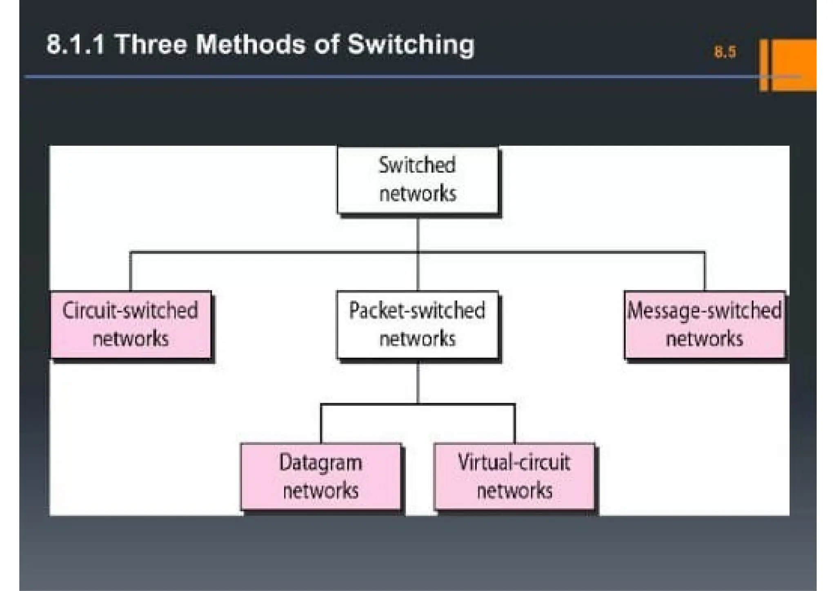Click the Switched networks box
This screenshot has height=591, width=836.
click(x=417, y=180)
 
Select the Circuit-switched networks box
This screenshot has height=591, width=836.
click(x=131, y=324)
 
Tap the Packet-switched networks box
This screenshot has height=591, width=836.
click(x=417, y=324)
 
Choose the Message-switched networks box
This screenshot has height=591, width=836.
click(x=704, y=324)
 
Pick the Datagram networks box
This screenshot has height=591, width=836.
click(x=321, y=476)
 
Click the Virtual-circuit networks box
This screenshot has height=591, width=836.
click(x=514, y=476)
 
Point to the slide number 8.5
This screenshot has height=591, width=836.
click(x=725, y=52)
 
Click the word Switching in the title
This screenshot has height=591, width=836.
click(x=411, y=44)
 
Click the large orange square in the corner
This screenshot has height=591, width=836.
click(x=794, y=64)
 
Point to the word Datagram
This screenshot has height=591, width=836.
click(x=321, y=463)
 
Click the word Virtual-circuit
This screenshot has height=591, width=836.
click(x=514, y=462)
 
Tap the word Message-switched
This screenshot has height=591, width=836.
click(x=704, y=311)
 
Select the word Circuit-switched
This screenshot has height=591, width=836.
click(x=130, y=311)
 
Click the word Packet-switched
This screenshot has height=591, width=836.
click(x=417, y=311)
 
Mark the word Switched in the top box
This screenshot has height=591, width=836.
click(x=417, y=166)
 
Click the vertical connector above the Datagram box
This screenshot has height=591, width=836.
click(x=321, y=424)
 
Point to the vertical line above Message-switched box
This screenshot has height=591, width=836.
click(x=705, y=271)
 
